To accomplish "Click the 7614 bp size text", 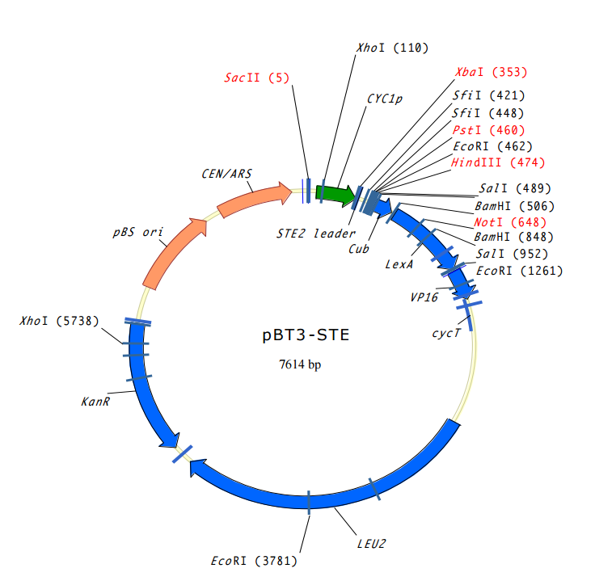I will click(x=300, y=364).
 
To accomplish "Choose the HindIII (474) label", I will click(x=499, y=162).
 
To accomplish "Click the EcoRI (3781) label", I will click(x=253, y=560).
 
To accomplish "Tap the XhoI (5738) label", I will click(x=59, y=321).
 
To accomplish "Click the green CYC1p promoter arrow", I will click(x=334, y=194).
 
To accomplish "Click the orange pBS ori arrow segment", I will click(x=173, y=251).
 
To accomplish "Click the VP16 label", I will click(x=424, y=297).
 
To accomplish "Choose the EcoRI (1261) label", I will click(x=517, y=271).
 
